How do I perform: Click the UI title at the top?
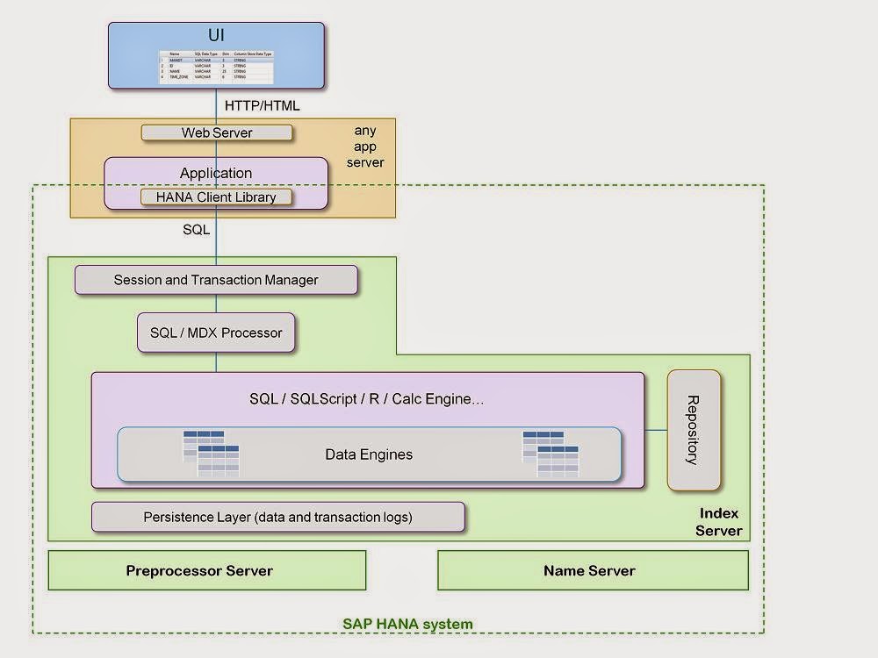click(215, 36)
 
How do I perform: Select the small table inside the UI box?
click(216, 67)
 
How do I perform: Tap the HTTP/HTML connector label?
click(263, 105)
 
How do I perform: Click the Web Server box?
click(216, 132)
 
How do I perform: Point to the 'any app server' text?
click(365, 147)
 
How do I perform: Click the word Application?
click(216, 173)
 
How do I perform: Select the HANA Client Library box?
click(216, 197)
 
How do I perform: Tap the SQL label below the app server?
click(196, 230)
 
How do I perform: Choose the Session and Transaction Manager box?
click(216, 280)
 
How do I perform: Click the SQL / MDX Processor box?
click(216, 333)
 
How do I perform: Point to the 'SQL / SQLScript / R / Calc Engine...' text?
click(367, 398)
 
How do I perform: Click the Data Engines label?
click(369, 454)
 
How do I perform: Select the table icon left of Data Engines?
click(211, 454)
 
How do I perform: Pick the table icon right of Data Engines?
click(551, 454)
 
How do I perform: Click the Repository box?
click(694, 430)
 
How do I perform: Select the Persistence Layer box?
click(277, 517)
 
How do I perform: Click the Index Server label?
click(718, 522)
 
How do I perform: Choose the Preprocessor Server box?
click(207, 570)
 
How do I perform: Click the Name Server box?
click(593, 570)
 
